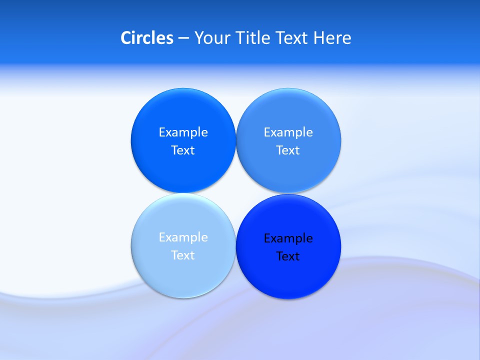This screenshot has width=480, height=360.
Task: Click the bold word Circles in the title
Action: [147, 38]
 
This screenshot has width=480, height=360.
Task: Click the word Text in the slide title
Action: [292, 38]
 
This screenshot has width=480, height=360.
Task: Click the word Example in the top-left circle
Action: [183, 132]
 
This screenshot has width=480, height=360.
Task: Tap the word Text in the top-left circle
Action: [183, 150]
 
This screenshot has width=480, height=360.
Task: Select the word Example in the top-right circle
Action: [288, 132]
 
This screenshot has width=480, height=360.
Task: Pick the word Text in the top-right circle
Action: [288, 150]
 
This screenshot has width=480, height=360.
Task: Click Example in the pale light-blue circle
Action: [183, 237]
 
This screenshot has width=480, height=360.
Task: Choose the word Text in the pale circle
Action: [183, 255]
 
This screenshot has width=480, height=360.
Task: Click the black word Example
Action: [288, 238]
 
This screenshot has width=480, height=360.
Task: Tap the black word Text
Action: [288, 256]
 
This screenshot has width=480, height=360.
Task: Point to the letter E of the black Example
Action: [267, 238]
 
